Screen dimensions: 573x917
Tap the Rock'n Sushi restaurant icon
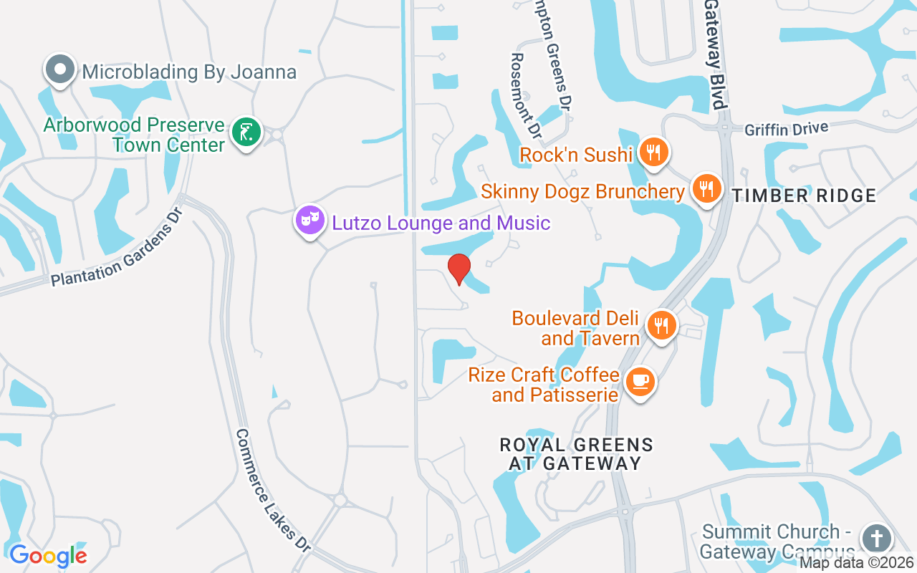[x=653, y=153]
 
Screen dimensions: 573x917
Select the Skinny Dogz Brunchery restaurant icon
[x=706, y=189]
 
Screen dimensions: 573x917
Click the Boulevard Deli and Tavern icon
[x=661, y=326]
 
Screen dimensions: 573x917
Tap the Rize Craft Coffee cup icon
[x=640, y=382]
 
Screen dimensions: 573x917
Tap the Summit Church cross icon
[x=875, y=539]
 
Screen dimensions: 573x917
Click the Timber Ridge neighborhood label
[x=803, y=196]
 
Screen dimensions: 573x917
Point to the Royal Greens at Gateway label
[x=577, y=454]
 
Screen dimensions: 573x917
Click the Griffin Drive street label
[x=786, y=130]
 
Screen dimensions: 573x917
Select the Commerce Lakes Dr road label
[x=274, y=490]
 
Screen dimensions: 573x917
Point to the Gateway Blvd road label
[x=715, y=54]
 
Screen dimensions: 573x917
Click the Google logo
[x=48, y=555]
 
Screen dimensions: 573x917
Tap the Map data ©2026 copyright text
[x=857, y=563]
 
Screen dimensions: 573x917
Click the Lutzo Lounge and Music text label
[x=441, y=223]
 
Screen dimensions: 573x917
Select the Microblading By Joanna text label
[x=189, y=72]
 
